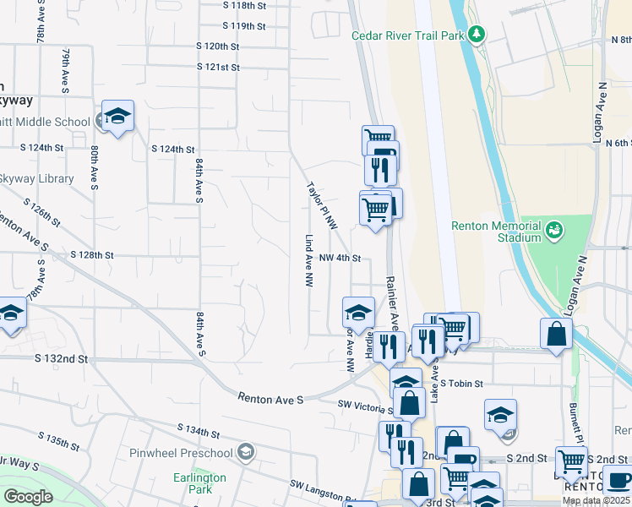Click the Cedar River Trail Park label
tap(408, 35)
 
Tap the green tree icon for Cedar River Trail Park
tap(477, 34)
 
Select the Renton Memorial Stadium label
tap(496, 232)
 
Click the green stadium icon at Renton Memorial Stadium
tap(554, 229)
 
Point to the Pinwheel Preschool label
tap(181, 453)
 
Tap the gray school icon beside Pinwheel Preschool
tap(246, 452)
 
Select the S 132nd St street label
tap(62, 358)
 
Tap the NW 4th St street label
tap(340, 258)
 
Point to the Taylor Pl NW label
tap(322, 204)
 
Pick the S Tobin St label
tap(460, 384)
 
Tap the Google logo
tap(28, 497)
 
